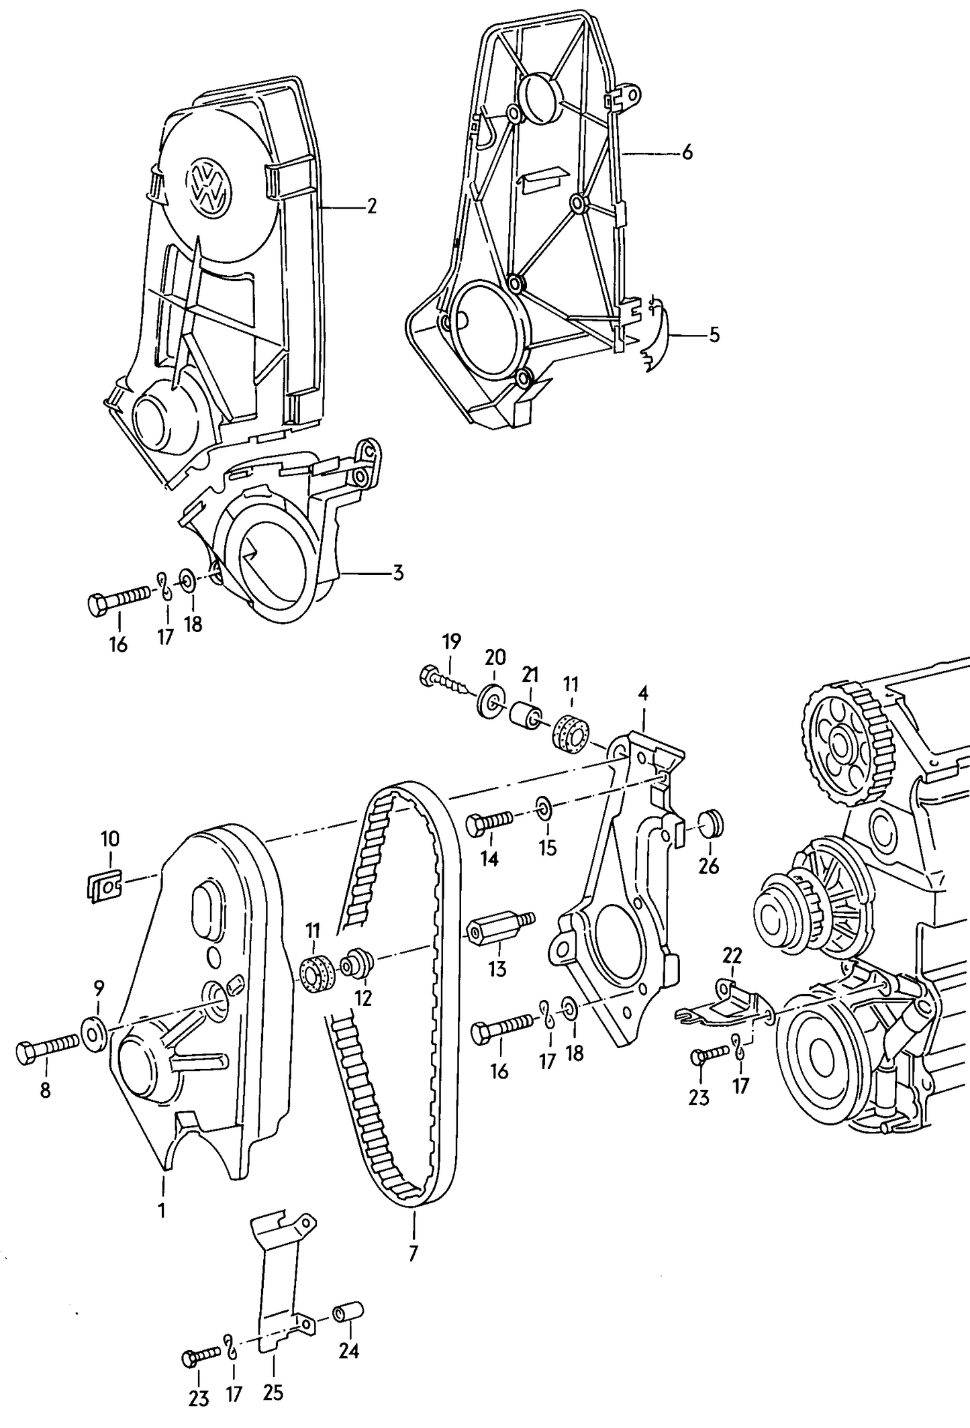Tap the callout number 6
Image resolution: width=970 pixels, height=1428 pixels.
687,153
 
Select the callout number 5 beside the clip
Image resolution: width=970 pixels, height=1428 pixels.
714,334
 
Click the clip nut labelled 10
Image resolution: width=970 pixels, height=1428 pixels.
103,889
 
